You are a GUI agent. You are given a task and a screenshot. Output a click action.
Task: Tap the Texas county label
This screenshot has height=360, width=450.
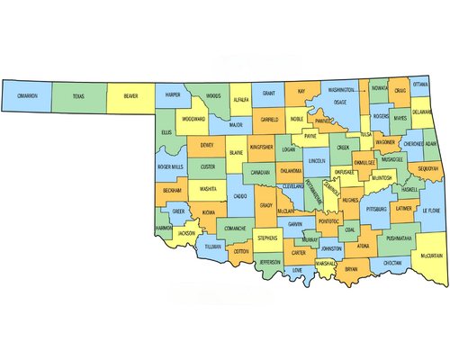pos(78,94)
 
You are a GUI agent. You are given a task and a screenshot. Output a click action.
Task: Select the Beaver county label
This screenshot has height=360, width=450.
pos(131,94)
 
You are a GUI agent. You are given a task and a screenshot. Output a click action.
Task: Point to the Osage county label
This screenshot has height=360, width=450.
pos(339,103)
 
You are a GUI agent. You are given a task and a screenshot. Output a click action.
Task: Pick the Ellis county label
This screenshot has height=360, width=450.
pos(166,132)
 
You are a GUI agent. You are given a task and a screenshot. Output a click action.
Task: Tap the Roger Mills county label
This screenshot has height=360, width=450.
pos(170,166)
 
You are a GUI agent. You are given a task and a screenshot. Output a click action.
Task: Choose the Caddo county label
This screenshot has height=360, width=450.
pos(240,195)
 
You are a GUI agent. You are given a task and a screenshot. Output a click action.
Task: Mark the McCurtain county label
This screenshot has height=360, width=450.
pos(430,256)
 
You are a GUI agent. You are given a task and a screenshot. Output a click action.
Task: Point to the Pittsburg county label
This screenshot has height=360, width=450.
pos(376,209)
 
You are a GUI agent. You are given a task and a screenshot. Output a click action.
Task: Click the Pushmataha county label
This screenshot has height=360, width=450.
pos(399,238)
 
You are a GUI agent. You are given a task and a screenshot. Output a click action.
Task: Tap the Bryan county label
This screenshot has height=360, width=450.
pos(351,268)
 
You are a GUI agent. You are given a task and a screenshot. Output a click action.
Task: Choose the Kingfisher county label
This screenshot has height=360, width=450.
pos(261,146)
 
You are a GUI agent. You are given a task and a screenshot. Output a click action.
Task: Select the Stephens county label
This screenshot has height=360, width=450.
pos(267,238)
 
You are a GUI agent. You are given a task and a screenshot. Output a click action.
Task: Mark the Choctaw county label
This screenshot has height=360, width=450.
pos(392,262)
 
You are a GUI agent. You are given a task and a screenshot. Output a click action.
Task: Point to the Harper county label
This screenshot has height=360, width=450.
pos(174,94)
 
